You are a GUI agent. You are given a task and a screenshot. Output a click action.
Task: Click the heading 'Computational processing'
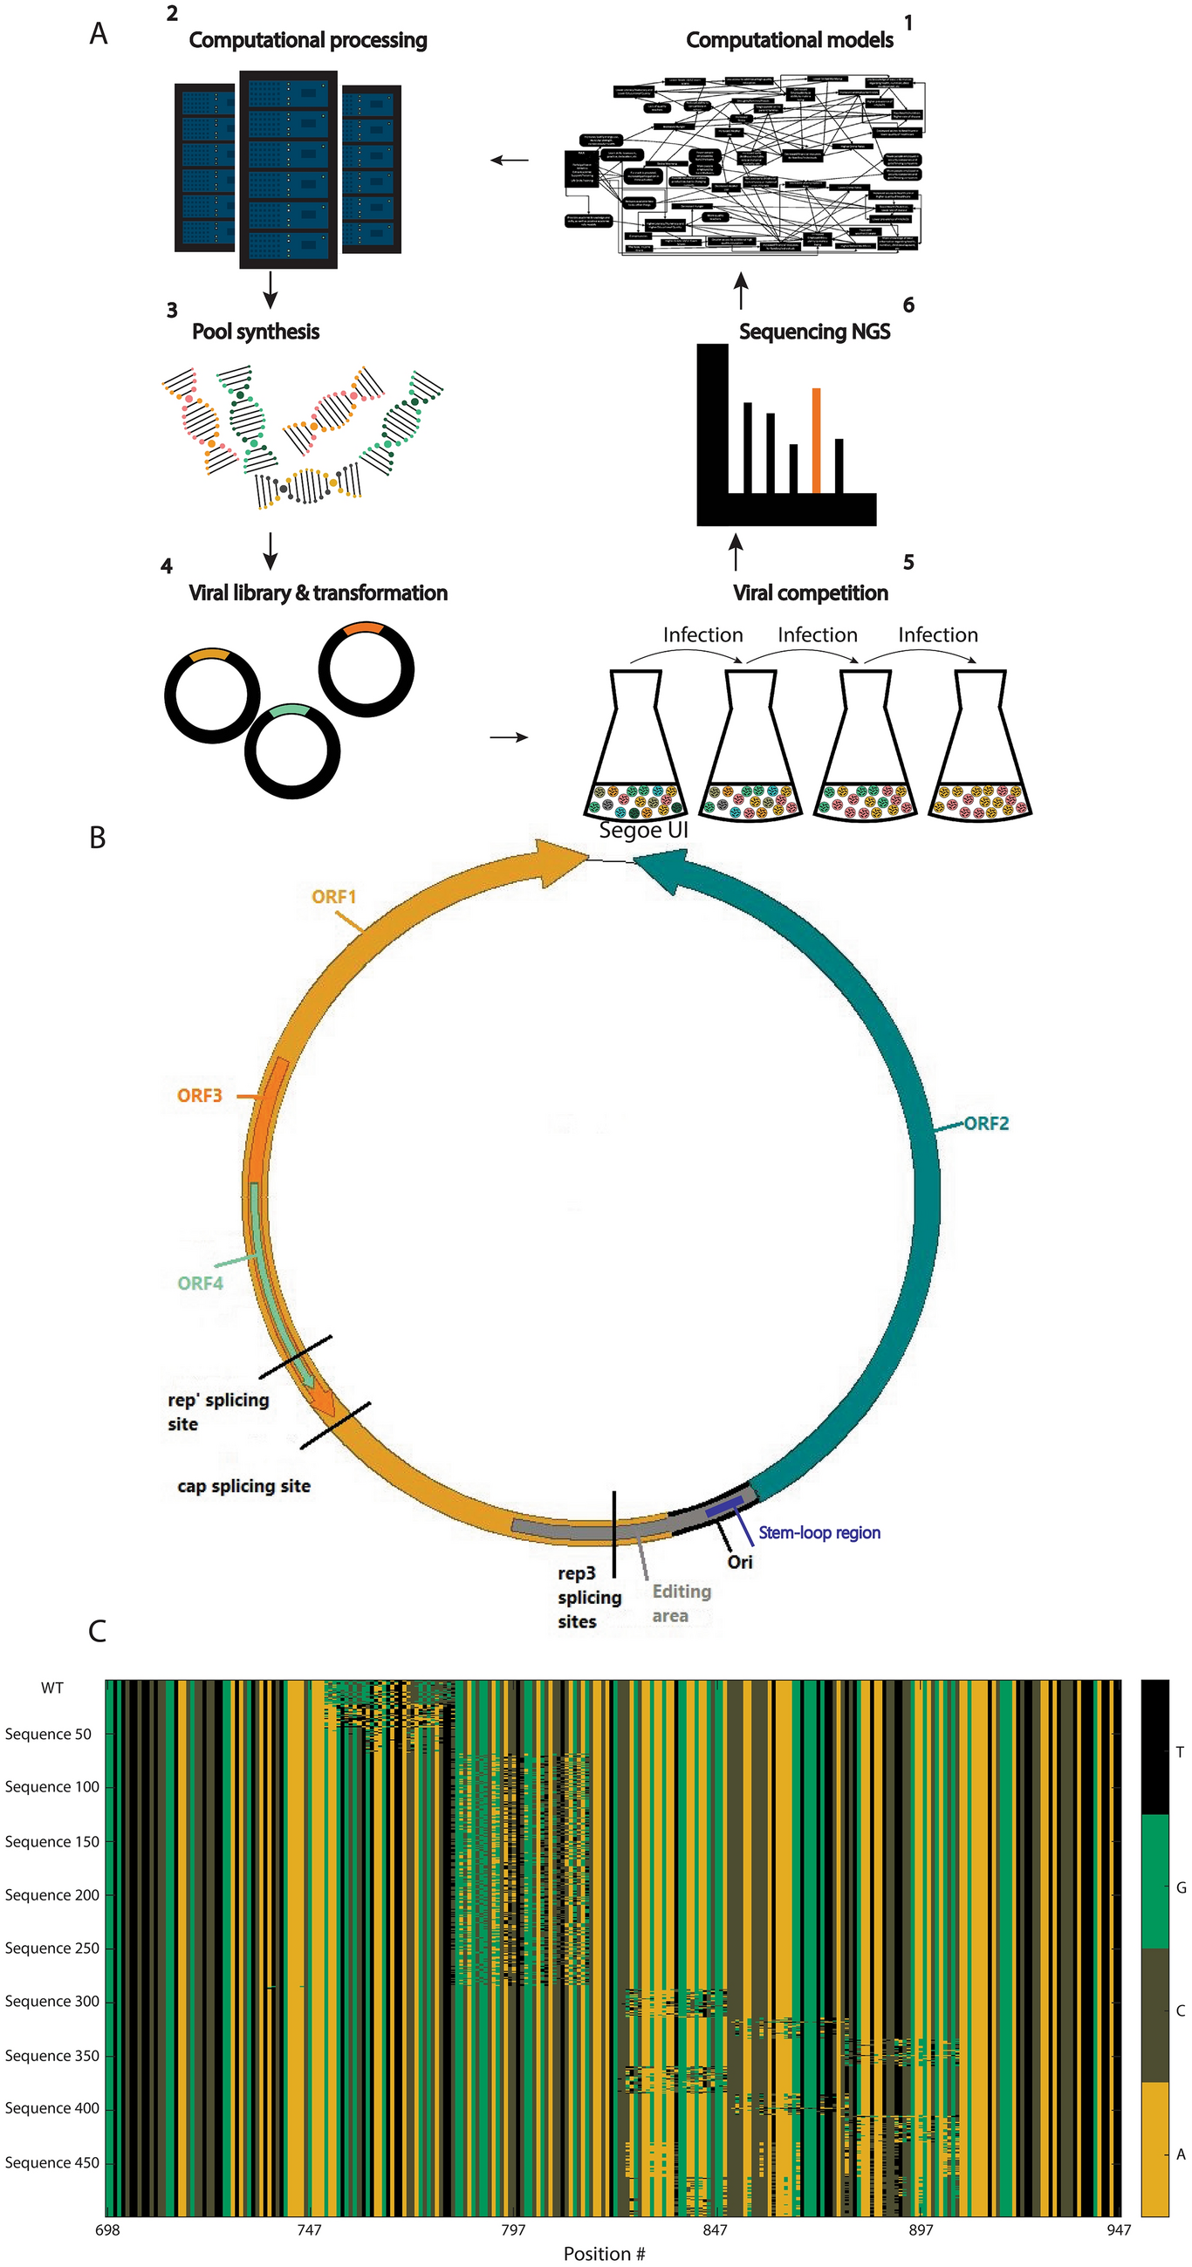[x=307, y=40]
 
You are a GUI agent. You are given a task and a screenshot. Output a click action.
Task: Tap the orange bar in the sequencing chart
[x=816, y=440]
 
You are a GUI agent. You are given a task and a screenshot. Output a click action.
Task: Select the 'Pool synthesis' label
[x=256, y=332]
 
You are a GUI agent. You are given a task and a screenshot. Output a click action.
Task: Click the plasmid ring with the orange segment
[x=367, y=668]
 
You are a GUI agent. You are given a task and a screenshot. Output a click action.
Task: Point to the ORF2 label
[x=986, y=1124]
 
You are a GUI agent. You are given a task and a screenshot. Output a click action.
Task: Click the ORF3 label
[x=200, y=1096]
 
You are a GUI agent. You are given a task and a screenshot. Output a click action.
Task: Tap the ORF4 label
[x=200, y=1283]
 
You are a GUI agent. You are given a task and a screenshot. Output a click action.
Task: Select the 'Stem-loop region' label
[x=819, y=1532]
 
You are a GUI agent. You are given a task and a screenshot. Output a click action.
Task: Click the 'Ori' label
[x=739, y=1561]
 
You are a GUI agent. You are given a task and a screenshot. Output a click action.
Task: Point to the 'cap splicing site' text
[x=243, y=1485]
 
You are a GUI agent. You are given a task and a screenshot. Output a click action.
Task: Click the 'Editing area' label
[x=681, y=1603]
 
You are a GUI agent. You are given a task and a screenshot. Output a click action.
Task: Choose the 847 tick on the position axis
[x=715, y=2229]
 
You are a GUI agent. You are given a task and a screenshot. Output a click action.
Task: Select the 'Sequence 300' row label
[x=52, y=2000]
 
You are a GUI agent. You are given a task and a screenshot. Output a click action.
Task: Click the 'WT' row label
[x=52, y=1687]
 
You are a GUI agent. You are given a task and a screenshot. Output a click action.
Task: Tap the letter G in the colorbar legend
[x=1181, y=1887]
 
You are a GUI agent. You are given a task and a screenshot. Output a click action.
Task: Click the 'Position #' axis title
[x=604, y=2253]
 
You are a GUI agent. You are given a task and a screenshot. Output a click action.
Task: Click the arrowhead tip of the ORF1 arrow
[x=587, y=853]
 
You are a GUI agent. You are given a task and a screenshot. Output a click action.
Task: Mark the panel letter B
[x=98, y=838]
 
